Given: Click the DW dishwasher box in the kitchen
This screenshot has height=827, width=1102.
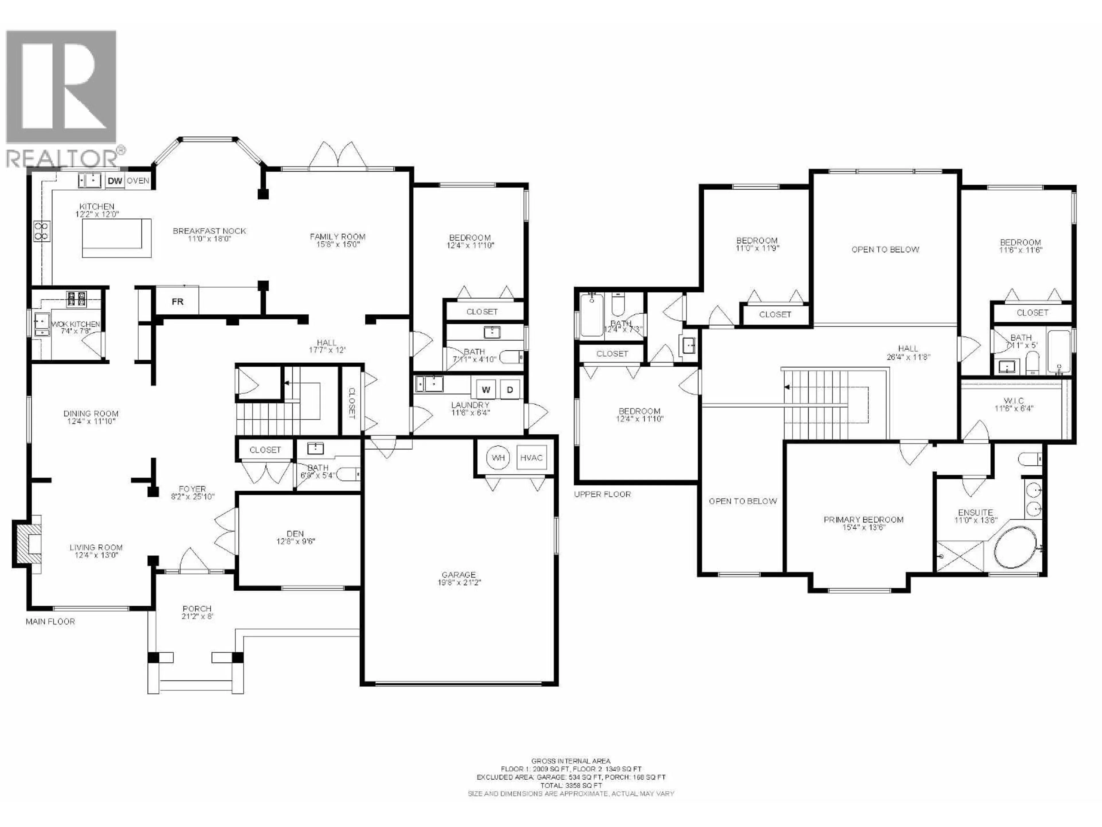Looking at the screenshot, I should pyautogui.click(x=115, y=181).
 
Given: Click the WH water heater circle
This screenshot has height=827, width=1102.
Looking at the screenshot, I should pyautogui.click(x=498, y=458).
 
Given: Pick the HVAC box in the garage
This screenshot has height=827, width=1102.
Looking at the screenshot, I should pyautogui.click(x=531, y=458).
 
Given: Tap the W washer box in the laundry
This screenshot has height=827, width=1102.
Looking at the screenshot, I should pyautogui.click(x=486, y=390).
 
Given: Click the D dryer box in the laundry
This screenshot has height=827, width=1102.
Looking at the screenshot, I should pyautogui.click(x=510, y=390).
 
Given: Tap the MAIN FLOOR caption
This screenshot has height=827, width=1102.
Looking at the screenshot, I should pyautogui.click(x=50, y=622).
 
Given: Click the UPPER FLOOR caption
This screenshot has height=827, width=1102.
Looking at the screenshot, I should pyautogui.click(x=602, y=494).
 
